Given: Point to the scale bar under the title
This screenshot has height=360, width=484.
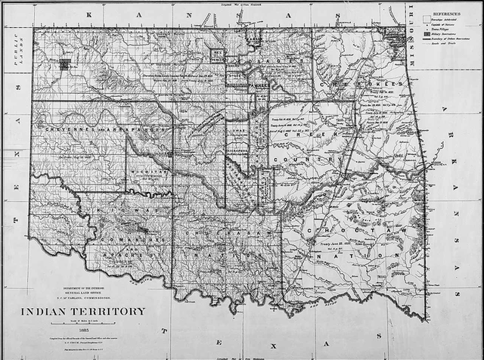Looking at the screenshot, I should point(82,323).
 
